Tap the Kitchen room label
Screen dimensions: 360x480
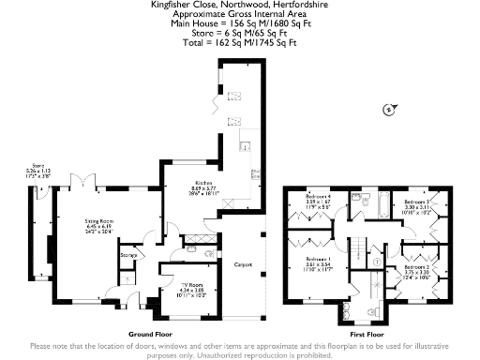pos(204,184)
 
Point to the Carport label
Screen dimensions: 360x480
pos(244,265)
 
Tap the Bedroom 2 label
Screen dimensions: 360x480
pos(415,267)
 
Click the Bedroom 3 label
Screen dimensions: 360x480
pos(416,202)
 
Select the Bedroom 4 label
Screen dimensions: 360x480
pos(318,195)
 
